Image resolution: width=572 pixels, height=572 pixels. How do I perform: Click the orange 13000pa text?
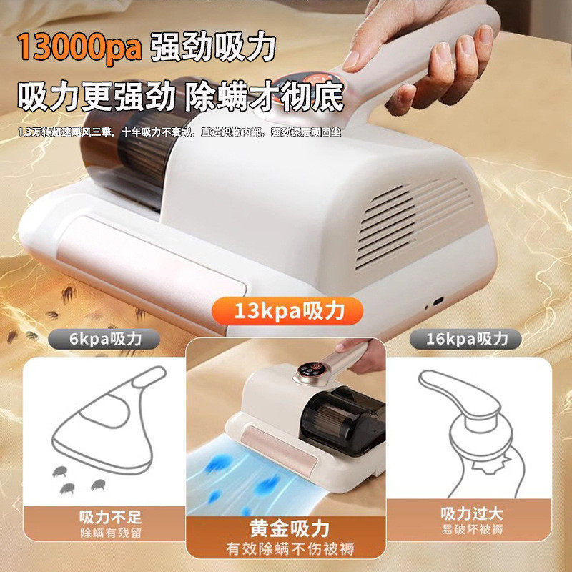(x=79, y=47)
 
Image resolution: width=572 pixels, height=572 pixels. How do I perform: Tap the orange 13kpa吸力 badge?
(x=287, y=311)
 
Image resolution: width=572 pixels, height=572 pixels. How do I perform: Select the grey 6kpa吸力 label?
(x=104, y=339)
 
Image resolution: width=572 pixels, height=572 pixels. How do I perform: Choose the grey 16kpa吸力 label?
(x=466, y=339)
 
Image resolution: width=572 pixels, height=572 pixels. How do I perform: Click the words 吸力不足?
(x=110, y=517)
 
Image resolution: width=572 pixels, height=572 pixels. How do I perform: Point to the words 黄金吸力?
(x=290, y=528)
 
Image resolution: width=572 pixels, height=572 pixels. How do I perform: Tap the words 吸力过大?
(x=472, y=513)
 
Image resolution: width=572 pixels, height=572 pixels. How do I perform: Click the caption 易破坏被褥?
(x=472, y=529)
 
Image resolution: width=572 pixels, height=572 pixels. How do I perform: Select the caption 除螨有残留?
(x=111, y=533)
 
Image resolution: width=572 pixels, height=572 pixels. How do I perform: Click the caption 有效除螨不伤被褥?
(x=290, y=548)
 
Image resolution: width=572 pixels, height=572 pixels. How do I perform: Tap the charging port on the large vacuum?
(x=438, y=301)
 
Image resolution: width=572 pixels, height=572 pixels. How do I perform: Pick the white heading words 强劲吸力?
(x=212, y=47)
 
